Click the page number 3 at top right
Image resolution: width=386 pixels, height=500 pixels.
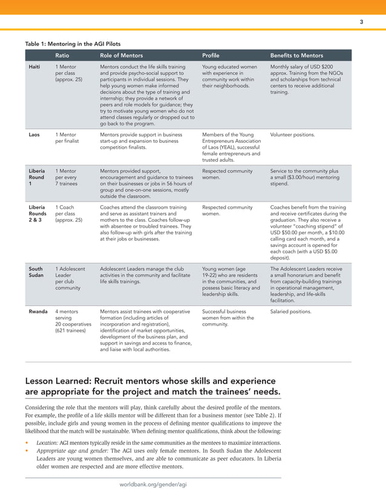tap(361, 22)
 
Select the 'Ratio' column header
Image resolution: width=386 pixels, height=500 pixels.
tap(62, 55)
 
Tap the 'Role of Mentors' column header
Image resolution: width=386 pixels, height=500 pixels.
tap(121, 55)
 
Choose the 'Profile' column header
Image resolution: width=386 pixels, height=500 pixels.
tap(211, 55)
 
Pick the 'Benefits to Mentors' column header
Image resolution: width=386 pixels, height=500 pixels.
tap(296, 55)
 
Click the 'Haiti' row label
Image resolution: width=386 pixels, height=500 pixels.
tap(35, 67)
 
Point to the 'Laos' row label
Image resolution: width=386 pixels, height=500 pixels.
tap(35, 134)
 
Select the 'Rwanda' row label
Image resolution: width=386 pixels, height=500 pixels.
tap(38, 312)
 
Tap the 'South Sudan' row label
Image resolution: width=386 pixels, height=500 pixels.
tap(36, 272)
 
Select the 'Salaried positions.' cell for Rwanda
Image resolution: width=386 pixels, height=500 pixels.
tap(290, 312)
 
